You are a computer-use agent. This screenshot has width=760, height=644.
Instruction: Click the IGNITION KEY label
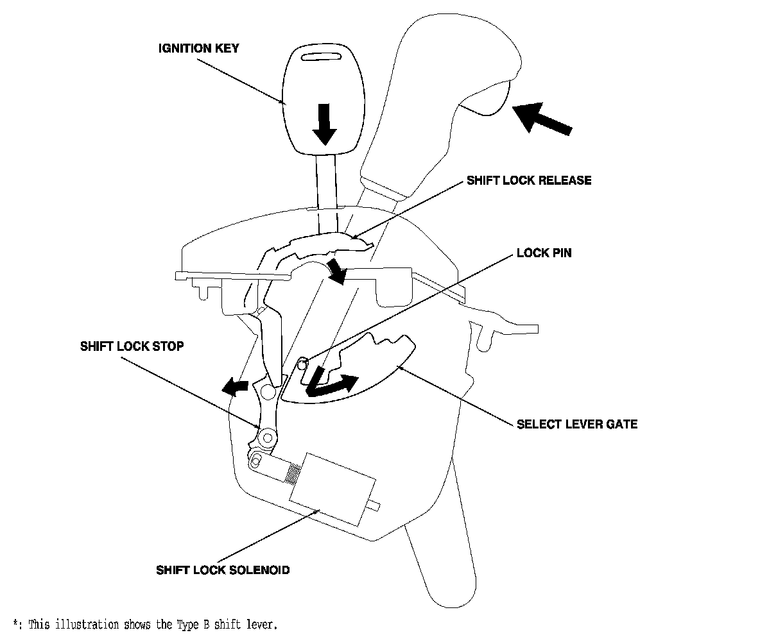[x=198, y=48]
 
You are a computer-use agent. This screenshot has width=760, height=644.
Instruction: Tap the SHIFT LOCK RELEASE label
[x=529, y=180]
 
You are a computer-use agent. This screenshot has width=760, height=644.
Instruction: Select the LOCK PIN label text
[x=544, y=253]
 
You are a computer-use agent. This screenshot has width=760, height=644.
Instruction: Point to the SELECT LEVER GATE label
[x=577, y=424]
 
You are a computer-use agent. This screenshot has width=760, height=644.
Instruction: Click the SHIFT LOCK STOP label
[x=132, y=346]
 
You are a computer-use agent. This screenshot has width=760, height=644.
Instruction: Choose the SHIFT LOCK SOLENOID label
[x=223, y=570]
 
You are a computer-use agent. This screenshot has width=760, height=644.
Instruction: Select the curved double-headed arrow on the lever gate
[x=330, y=383]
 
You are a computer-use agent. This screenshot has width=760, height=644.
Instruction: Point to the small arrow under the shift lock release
[x=336, y=271]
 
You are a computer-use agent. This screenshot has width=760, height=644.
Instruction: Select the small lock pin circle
[x=302, y=364]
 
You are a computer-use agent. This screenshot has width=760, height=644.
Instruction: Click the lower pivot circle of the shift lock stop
[x=265, y=438]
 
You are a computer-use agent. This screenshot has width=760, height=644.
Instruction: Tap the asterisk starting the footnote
[x=16, y=623]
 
